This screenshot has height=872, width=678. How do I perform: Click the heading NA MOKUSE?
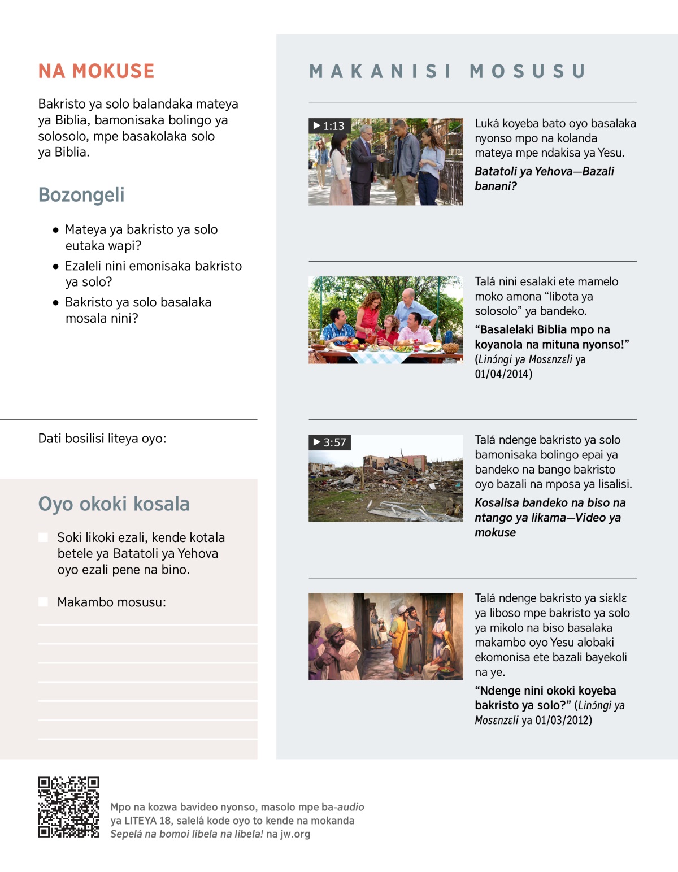tap(96, 71)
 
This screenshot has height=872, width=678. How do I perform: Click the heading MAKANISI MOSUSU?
tap(447, 71)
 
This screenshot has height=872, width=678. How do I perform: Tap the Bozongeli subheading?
tap(81, 195)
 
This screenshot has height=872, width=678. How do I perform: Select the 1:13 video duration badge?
tap(329, 126)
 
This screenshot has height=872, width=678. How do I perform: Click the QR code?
tap(68, 807)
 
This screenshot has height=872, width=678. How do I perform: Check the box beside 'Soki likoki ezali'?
tap(44, 537)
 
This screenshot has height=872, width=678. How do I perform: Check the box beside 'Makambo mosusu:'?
tap(44, 602)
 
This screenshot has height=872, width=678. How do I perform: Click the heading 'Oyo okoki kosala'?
tap(114, 504)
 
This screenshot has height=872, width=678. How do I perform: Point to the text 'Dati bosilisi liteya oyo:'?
tap(102, 439)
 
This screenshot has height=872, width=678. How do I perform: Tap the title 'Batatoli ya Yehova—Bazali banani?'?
tap(544, 179)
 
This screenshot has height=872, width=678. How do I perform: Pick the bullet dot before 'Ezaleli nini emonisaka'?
tap(55, 266)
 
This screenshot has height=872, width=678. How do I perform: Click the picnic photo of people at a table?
tap(386, 320)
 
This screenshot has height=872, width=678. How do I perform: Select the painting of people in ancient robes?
tap(386, 636)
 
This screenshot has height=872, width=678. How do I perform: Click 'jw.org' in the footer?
tap(295, 834)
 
